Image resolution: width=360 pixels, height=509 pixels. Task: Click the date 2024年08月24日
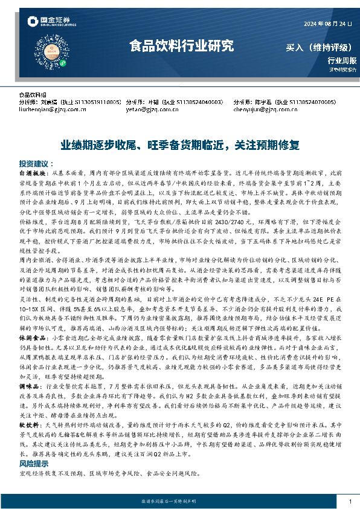click(323, 24)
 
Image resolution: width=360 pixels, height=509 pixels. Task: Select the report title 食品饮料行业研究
click(181, 45)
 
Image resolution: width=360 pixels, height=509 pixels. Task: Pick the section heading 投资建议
click(33, 163)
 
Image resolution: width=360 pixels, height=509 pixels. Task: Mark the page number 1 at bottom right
click(350, 501)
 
